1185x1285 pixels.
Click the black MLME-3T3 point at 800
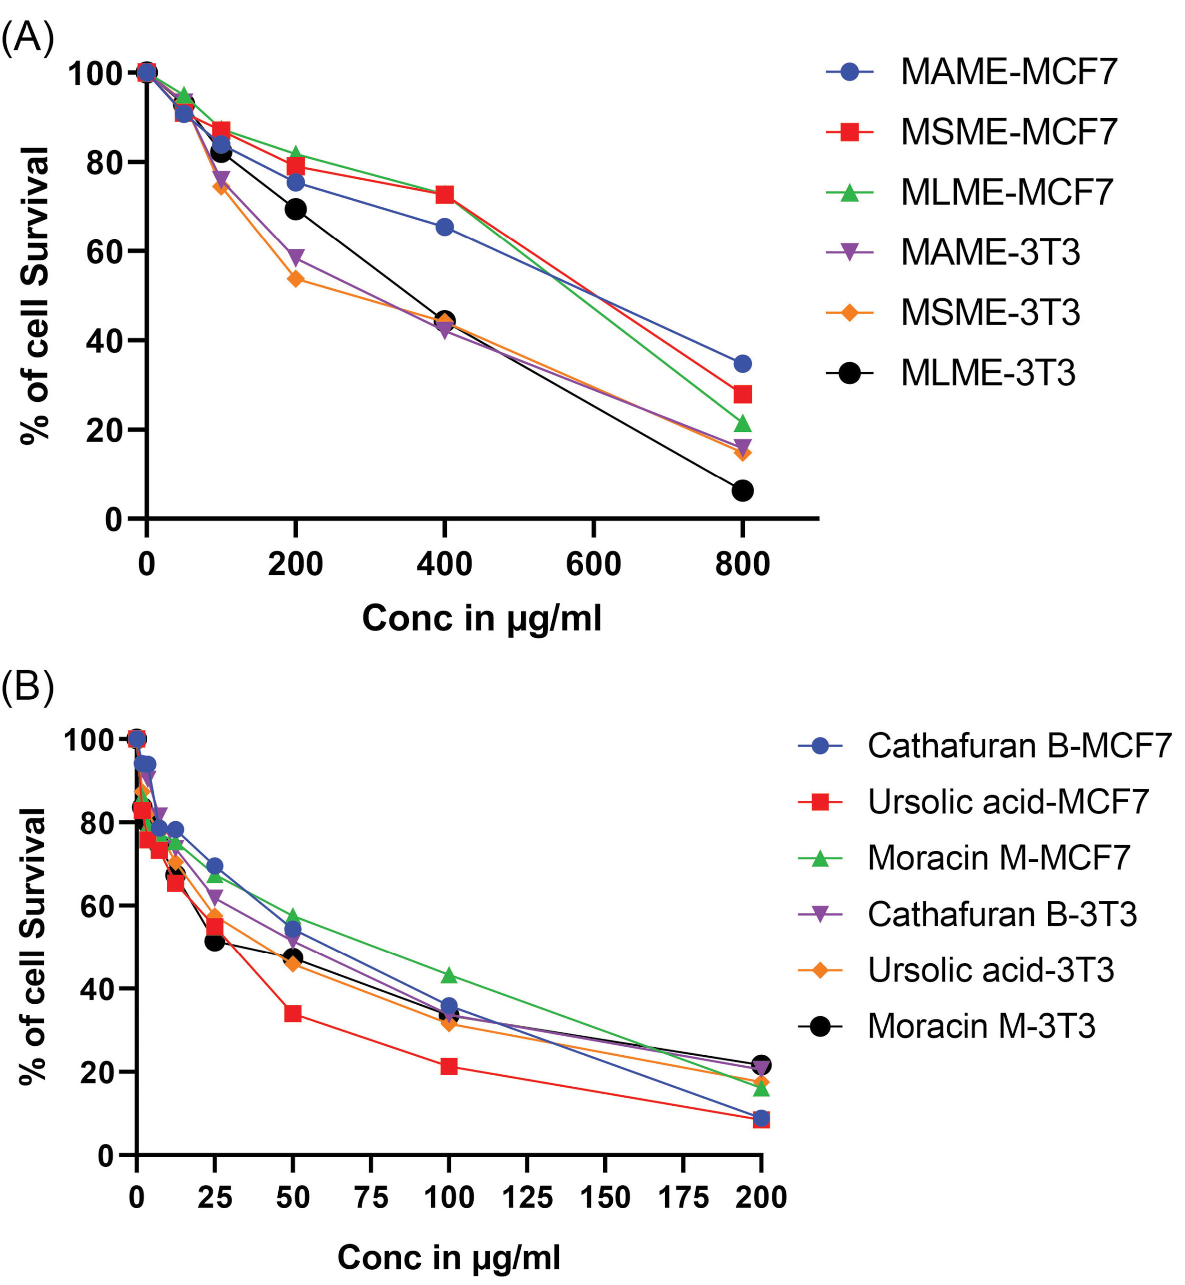pyautogui.click(x=742, y=491)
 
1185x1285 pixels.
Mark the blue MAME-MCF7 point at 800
pyautogui.click(x=742, y=364)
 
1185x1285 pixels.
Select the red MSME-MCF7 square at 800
pyautogui.click(x=742, y=394)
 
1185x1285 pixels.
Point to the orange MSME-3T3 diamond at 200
pyautogui.click(x=295, y=278)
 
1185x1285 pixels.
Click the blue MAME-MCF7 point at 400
pyautogui.click(x=445, y=227)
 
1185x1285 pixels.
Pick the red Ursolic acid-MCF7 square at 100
pyautogui.click(x=449, y=1066)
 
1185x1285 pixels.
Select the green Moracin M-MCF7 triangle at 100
pyautogui.click(x=449, y=976)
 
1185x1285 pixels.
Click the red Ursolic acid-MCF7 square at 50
pyautogui.click(x=293, y=1014)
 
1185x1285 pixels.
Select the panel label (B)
pyautogui.click(x=27, y=688)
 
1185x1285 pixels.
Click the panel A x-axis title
pyautogui.click(x=482, y=619)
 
